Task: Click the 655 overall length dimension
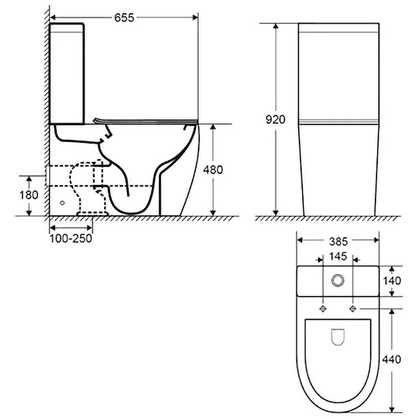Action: [124, 18]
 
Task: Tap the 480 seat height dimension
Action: [213, 170]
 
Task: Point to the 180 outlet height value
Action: [29, 195]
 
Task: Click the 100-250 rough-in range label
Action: [72, 239]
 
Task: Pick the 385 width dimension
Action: [338, 241]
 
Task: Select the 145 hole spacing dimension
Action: [338, 258]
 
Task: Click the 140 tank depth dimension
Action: [391, 281]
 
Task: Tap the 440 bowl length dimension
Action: [391, 359]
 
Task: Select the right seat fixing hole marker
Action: [354, 309]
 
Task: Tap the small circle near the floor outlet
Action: [63, 203]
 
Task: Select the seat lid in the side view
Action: [146, 121]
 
